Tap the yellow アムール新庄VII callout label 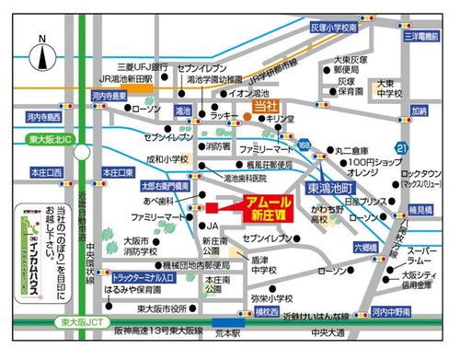click(260, 206)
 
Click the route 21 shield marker click(398, 148)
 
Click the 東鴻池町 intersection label click(327, 187)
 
